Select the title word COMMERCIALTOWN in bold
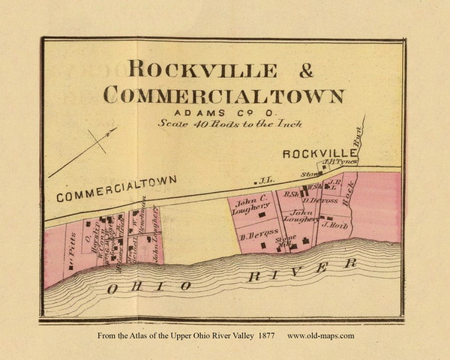224,95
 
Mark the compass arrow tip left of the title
115,130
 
